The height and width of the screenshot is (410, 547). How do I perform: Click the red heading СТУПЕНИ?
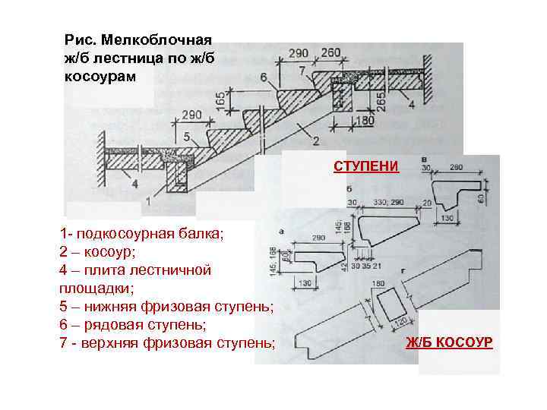(365, 166)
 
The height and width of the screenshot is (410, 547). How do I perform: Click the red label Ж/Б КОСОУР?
(449, 342)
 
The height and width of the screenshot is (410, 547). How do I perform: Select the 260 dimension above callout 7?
(331, 53)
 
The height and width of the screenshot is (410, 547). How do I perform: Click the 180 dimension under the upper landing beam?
(367, 120)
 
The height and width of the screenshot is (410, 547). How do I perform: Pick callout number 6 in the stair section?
(264, 77)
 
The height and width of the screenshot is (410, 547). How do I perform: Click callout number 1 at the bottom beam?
(147, 202)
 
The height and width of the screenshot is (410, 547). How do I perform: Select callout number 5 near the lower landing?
(186, 137)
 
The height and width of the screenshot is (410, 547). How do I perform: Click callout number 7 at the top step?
(302, 71)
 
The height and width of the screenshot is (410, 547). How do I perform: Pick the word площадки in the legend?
(93, 288)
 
